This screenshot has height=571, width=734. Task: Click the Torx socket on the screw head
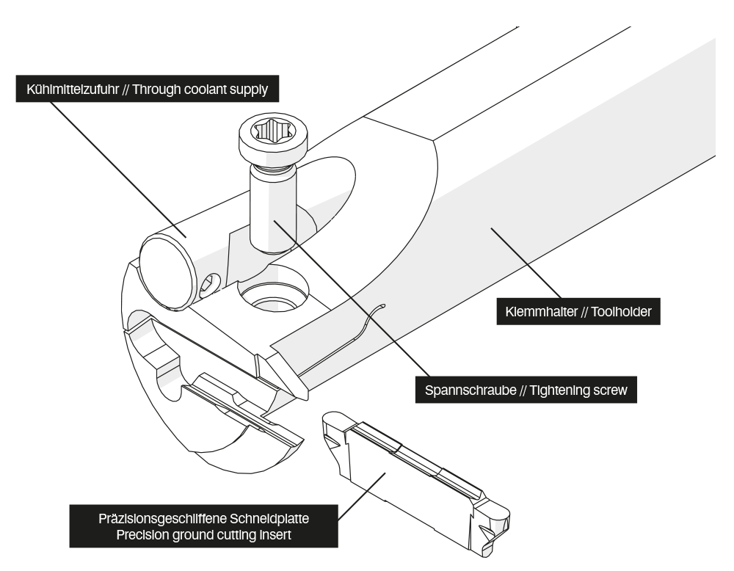[x=272, y=134]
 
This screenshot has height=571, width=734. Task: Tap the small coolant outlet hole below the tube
[x=211, y=283]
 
